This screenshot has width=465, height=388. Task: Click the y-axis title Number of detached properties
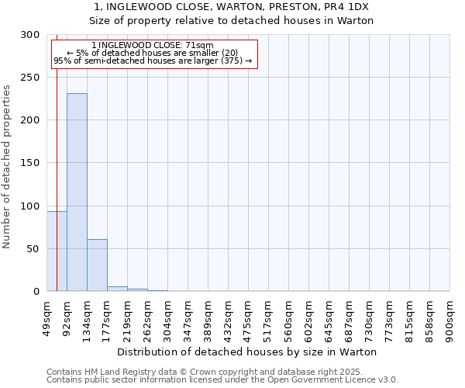(x=7, y=167)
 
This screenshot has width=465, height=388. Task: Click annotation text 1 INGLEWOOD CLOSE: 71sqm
(x=152, y=46)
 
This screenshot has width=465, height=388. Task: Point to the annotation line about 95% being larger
(x=153, y=61)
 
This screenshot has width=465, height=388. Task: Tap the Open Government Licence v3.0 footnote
(x=222, y=380)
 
